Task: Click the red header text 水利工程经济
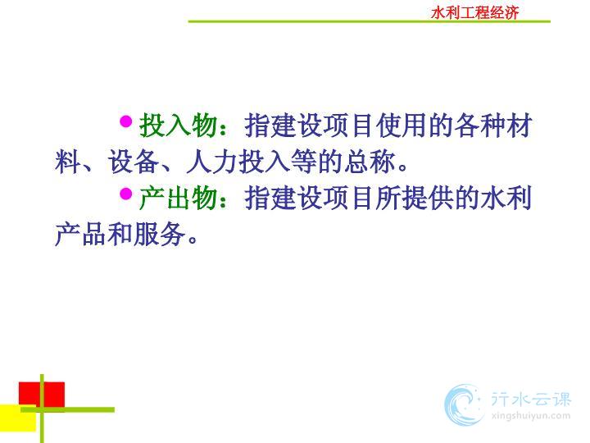(x=474, y=13)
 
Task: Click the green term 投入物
(x=179, y=126)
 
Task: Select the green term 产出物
(x=179, y=199)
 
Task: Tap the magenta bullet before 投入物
(x=125, y=121)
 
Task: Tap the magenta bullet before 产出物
(x=125, y=194)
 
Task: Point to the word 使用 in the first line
(x=402, y=126)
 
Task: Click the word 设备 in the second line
(x=134, y=162)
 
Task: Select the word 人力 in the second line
(x=212, y=162)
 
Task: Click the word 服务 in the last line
(x=160, y=235)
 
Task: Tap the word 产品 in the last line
(x=81, y=235)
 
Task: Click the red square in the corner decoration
(x=42, y=395)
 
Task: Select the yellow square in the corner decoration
(x=18, y=418)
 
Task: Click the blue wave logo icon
(x=464, y=405)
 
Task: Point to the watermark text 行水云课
(x=531, y=400)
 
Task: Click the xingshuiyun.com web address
(x=531, y=416)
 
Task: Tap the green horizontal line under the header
(x=369, y=21)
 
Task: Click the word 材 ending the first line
(x=520, y=126)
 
